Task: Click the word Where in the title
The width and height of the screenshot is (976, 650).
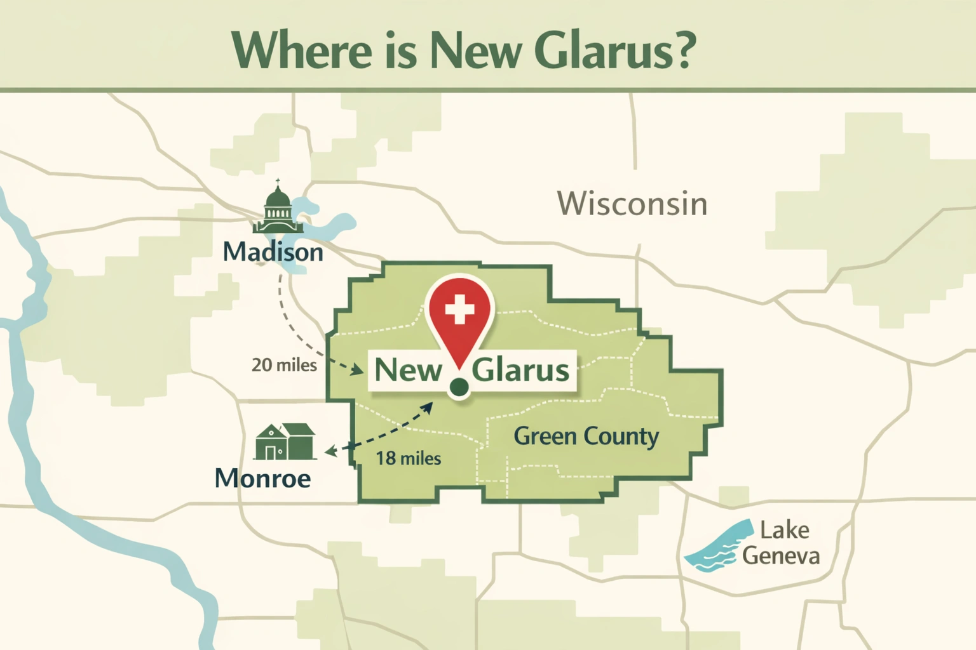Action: click(x=302, y=50)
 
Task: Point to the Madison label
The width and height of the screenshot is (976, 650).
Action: click(x=273, y=252)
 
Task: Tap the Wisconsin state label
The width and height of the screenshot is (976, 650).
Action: click(x=632, y=204)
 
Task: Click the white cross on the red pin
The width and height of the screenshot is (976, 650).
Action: click(x=459, y=310)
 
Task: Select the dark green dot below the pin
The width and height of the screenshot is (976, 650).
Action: click(x=459, y=386)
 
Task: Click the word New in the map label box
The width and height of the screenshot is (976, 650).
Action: click(x=408, y=369)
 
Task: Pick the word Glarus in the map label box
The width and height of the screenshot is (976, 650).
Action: click(x=520, y=369)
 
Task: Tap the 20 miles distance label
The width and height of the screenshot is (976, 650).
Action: click(x=284, y=365)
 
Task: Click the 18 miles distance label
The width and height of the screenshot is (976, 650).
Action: click(x=408, y=458)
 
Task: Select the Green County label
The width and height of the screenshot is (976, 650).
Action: click(x=586, y=436)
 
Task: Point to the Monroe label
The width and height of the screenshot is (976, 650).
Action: click(x=263, y=478)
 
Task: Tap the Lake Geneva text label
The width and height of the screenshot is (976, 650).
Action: click(x=782, y=543)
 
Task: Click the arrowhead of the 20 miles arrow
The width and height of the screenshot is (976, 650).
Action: click(x=358, y=369)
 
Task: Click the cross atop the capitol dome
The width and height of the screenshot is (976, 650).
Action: click(x=278, y=182)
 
